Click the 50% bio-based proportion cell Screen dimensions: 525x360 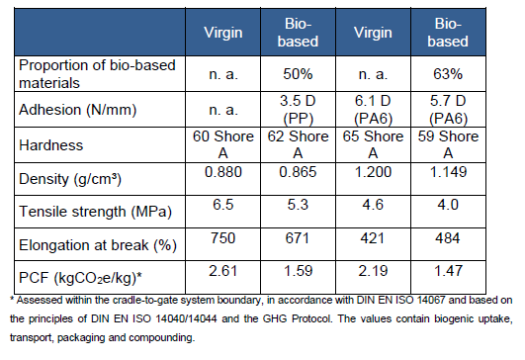(298, 74)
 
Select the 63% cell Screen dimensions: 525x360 (448, 74)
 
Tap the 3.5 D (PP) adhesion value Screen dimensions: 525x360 (298, 110)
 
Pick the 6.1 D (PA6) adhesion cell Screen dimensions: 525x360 (373, 110)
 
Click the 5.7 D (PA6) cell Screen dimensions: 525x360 (448, 110)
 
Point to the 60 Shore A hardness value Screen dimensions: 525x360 (223, 144)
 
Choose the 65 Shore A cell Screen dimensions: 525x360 (373, 144)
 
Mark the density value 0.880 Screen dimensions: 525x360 (223, 172)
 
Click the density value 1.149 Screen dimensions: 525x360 (448, 172)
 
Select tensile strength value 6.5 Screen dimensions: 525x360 (223, 205)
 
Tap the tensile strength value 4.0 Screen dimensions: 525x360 (448, 205)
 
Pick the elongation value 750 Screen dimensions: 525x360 (223, 238)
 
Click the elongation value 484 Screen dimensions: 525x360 (448, 238)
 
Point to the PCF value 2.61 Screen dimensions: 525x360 (223, 271)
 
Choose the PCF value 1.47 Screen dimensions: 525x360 (448, 271)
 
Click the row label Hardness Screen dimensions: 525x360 (50, 145)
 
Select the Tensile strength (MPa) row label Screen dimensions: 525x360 (96, 212)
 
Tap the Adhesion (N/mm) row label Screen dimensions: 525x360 (78, 110)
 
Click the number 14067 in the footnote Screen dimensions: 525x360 (431, 300)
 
